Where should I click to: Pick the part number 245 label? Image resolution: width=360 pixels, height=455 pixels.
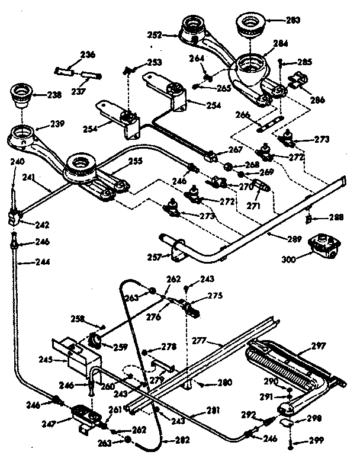click(61, 359)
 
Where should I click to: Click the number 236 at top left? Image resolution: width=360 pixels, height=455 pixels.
click(88, 55)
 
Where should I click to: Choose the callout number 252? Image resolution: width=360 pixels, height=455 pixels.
click(155, 35)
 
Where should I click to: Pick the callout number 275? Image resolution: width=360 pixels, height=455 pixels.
click(214, 295)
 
